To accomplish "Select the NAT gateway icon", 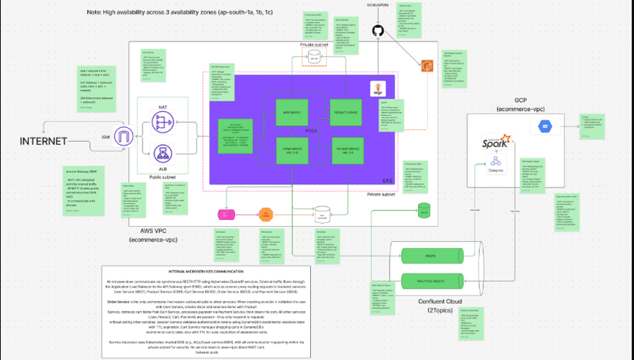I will (162, 121).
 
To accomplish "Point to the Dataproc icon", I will (495, 162).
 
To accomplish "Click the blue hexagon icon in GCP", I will (546, 125).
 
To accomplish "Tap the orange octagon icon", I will (266, 213).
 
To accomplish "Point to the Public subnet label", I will (162, 177).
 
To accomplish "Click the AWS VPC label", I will (155, 230).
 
